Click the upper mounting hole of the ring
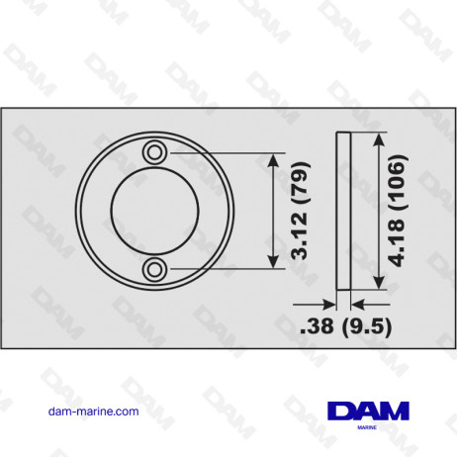(154, 151)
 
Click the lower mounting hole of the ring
(154, 268)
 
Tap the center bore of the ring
(154, 210)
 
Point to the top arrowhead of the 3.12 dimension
(274, 158)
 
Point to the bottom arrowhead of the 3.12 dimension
(274, 262)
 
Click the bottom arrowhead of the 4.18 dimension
(377, 283)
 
